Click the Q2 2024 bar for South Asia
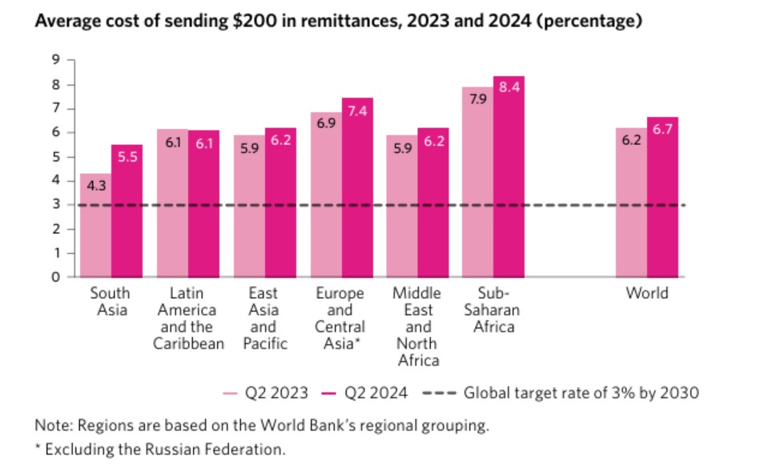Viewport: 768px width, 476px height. pyautogui.click(x=127, y=212)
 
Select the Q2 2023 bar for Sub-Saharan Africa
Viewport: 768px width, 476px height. pyautogui.click(x=478, y=184)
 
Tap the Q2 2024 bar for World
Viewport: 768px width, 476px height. pyautogui.click(x=662, y=200)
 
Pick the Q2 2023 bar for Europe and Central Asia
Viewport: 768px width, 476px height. pyautogui.click(x=326, y=196)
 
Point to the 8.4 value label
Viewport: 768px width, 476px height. pyautogui.click(x=509, y=87)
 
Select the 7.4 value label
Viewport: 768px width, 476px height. pyautogui.click(x=357, y=111)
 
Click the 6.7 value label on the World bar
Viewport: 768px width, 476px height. pyautogui.click(x=662, y=129)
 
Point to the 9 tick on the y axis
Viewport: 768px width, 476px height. pyautogui.click(x=56, y=60)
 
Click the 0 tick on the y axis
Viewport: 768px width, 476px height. pyautogui.click(x=56, y=277)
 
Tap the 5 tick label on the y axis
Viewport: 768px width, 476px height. pyautogui.click(x=56, y=157)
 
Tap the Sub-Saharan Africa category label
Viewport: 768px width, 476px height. pyautogui.click(x=494, y=310)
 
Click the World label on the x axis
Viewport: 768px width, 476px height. pyautogui.click(x=647, y=293)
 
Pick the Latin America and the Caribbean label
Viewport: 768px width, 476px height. pyautogui.click(x=187, y=319)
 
